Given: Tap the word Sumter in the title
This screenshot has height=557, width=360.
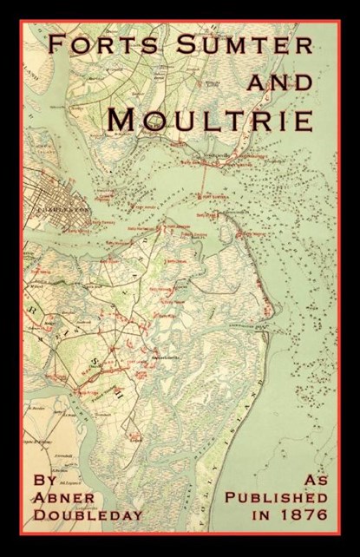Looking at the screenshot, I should click(238, 46).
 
